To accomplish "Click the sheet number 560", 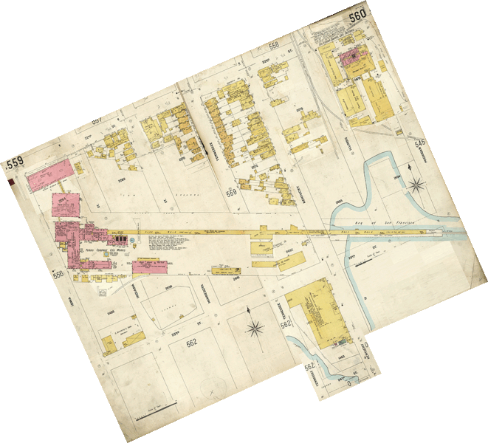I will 358,14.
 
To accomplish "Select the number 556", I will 58,275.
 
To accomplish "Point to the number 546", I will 421,142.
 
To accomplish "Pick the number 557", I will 97,120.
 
